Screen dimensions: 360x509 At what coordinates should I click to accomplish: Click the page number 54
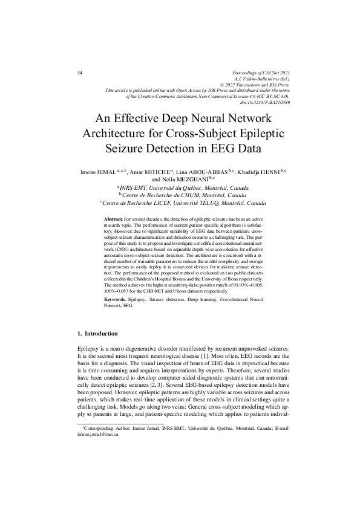(x=80, y=73)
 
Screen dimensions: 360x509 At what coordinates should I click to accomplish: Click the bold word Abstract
(x=113, y=218)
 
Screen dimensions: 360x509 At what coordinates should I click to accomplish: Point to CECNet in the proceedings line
(x=260, y=73)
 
